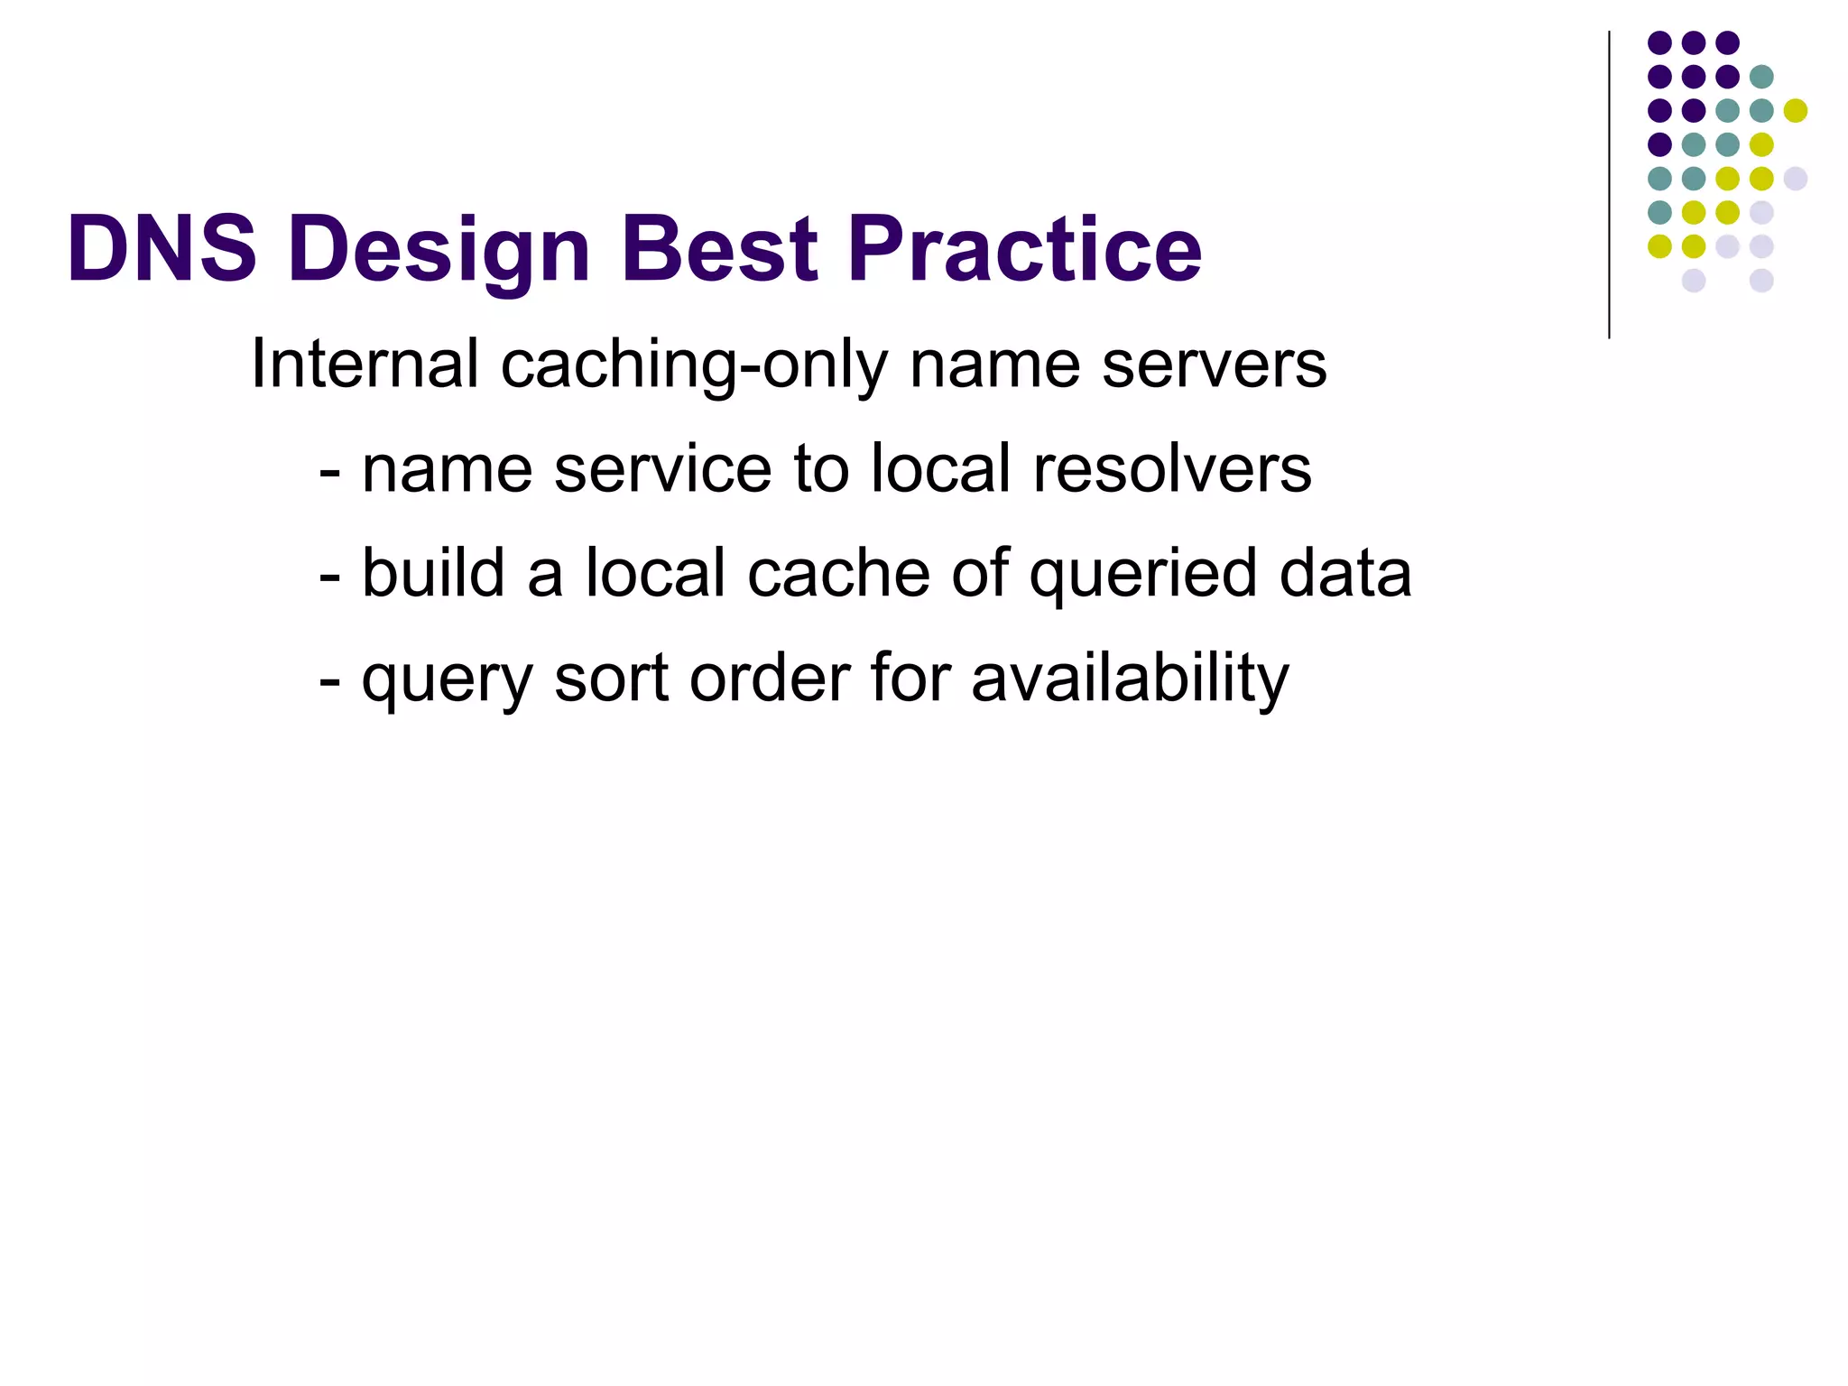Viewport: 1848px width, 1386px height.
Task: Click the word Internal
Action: (x=365, y=364)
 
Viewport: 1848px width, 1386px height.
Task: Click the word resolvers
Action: (x=1171, y=468)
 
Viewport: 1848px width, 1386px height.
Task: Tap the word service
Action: (x=662, y=470)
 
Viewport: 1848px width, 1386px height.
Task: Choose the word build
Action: (x=433, y=573)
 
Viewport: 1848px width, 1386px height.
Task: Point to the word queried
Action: (x=1143, y=575)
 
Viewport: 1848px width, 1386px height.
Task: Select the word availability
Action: (x=1130, y=679)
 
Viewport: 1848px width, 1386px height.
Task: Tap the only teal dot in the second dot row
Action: (x=1760, y=77)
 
